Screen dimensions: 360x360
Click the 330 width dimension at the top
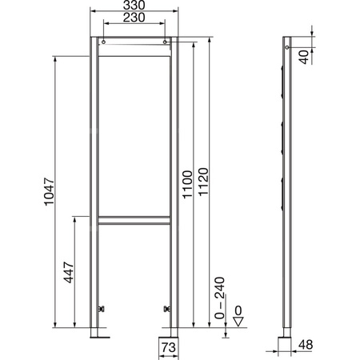click(134, 6)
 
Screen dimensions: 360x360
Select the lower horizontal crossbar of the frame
click(134, 219)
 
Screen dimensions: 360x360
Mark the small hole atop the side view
click(289, 45)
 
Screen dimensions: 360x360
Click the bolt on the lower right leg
click(166, 308)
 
